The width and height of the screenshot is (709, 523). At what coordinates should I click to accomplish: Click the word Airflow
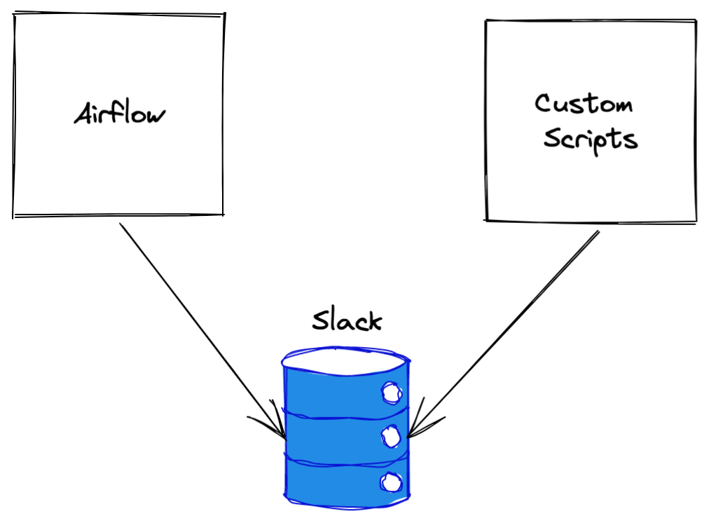pos(120,114)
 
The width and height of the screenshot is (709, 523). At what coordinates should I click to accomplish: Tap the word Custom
pos(584,104)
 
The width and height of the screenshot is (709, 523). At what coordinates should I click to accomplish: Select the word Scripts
pos(591,139)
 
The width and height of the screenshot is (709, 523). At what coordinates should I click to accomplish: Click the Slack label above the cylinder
pos(347,320)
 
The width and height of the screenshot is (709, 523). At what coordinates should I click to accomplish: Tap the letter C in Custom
pos(543,104)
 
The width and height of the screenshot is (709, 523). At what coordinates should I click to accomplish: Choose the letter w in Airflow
pos(157,116)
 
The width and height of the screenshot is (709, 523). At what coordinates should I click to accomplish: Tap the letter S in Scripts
pos(552,138)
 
